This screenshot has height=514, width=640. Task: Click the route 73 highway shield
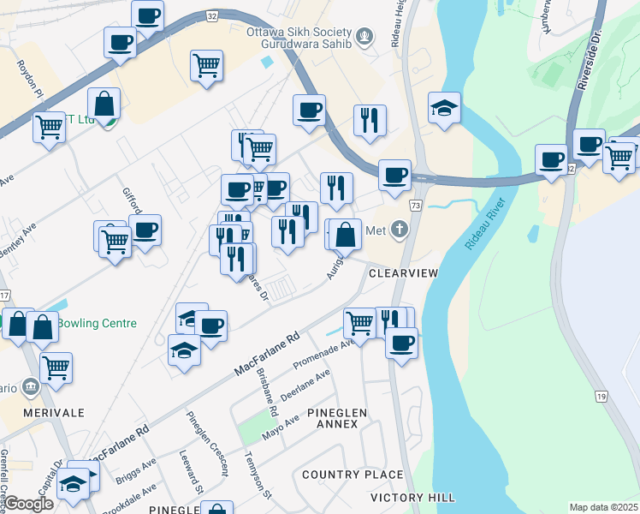click(x=416, y=206)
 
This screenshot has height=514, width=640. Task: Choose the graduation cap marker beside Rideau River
click(x=444, y=109)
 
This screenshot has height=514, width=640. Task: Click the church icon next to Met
click(x=399, y=229)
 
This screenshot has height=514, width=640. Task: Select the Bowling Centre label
click(x=97, y=324)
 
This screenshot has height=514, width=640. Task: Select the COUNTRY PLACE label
click(x=353, y=475)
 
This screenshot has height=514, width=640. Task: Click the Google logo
click(x=28, y=504)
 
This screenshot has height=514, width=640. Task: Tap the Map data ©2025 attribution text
click(x=603, y=507)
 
